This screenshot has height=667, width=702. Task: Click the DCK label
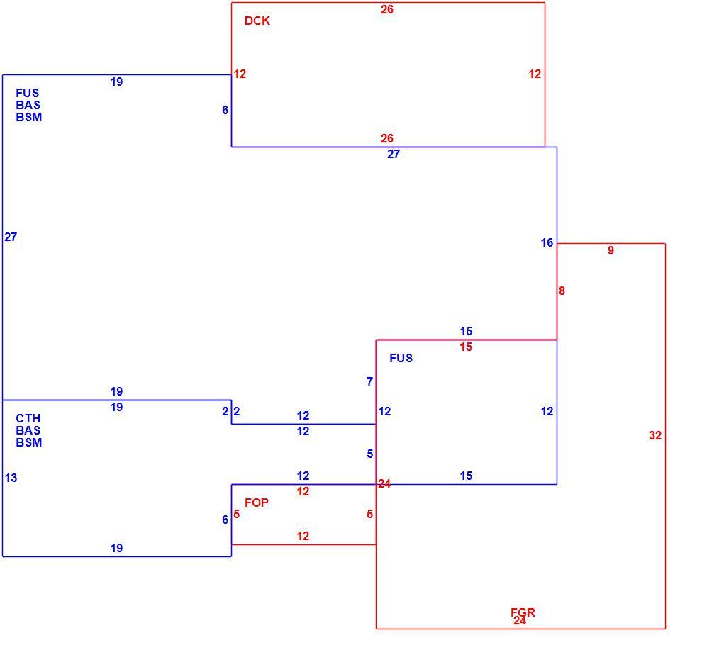tap(257, 21)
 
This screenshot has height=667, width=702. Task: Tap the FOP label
tap(257, 503)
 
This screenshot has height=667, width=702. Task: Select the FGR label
tap(523, 612)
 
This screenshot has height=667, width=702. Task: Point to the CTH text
tap(28, 418)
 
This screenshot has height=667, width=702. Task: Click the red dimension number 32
tap(655, 435)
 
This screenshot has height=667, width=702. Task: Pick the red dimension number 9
tap(611, 250)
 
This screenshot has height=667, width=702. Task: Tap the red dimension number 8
tap(562, 291)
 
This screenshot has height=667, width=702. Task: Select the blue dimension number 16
tap(547, 242)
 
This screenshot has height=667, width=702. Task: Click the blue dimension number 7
tap(370, 381)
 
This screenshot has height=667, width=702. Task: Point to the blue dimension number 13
tap(11, 478)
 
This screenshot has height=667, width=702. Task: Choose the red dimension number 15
tap(466, 347)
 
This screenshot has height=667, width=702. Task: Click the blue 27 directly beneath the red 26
tap(393, 154)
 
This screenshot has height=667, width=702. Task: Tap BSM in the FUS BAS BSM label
tap(28, 117)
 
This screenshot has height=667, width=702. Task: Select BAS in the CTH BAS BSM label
tap(28, 430)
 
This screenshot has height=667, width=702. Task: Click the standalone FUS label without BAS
tap(401, 358)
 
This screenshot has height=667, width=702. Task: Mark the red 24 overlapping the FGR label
tap(519, 620)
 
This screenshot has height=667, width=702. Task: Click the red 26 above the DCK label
tap(387, 9)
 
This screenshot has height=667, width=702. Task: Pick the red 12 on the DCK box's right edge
tap(535, 74)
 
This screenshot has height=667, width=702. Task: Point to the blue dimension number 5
tap(370, 454)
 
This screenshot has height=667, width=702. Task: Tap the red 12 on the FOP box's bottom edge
tap(303, 536)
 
